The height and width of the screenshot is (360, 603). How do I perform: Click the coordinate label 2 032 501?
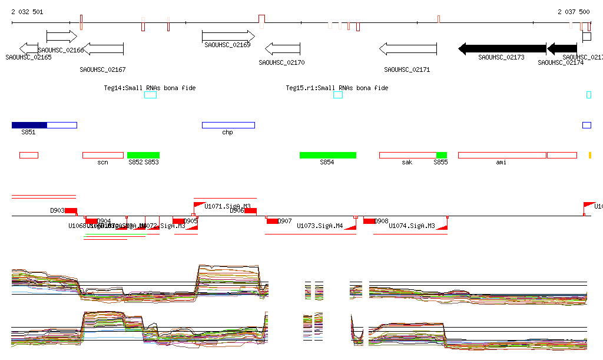coord(26,12)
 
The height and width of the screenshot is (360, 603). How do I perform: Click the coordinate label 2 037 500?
coord(574,12)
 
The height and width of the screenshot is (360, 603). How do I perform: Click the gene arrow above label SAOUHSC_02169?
coord(228,36)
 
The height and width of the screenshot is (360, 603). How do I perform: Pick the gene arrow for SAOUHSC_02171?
coord(407,48)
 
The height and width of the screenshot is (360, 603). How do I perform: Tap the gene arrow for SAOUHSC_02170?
coord(283,48)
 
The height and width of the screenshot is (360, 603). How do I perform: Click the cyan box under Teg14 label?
coord(151,95)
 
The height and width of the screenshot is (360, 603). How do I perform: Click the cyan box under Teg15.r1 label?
coord(337,95)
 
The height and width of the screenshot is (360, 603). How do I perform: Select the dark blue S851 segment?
coord(29,125)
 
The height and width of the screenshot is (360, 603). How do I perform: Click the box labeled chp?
coord(228,125)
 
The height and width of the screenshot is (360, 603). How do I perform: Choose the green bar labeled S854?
coord(327,155)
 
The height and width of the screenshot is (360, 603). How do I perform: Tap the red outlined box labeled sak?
coord(407,155)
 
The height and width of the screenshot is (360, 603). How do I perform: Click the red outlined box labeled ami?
coord(502,155)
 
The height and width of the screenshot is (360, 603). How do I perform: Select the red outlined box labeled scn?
coord(102,155)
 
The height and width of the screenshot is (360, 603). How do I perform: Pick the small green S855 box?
coord(442,155)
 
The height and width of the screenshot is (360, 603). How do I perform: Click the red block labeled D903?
coord(71,211)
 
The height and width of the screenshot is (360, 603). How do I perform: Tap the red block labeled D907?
coord(272,221)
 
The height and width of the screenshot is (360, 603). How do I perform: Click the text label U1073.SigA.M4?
coord(320,226)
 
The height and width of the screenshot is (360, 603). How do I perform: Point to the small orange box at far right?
coord(589,155)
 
